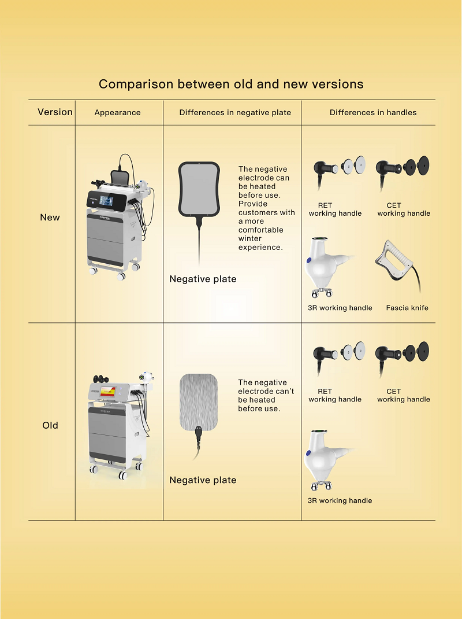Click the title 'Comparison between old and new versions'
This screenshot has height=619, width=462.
231,84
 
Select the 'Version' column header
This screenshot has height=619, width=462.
55,112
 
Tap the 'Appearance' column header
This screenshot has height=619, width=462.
117,112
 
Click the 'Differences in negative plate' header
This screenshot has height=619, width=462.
235,112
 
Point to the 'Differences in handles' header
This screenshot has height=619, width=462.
373,112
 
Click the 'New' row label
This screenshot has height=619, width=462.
50,218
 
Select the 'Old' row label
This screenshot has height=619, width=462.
50,425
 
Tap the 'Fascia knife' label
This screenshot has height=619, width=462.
407,308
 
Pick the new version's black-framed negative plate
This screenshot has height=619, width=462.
199,189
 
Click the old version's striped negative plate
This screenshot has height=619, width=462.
199,402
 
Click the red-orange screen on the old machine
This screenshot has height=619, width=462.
107,392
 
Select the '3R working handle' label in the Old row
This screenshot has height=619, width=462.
340,500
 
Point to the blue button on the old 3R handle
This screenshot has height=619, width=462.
308,453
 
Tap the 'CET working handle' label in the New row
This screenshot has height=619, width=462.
404,209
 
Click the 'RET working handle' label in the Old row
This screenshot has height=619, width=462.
335,396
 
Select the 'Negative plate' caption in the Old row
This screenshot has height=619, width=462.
203,480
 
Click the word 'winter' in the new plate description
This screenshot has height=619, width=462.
250,238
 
